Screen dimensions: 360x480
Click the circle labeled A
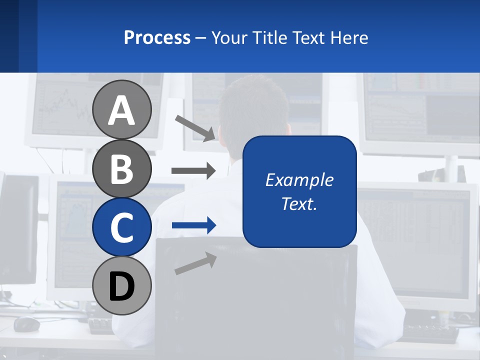click(x=122, y=109)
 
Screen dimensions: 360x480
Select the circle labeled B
click(x=122, y=168)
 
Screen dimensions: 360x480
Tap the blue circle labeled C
click(x=122, y=227)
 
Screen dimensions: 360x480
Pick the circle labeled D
click(x=122, y=285)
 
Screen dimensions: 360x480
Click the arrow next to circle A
click(x=195, y=128)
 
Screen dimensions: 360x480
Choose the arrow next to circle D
click(x=195, y=263)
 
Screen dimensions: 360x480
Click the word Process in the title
click(x=157, y=37)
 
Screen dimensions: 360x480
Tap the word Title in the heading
click(x=269, y=37)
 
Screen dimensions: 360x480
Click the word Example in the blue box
click(x=299, y=180)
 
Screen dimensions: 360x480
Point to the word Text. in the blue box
click(x=299, y=203)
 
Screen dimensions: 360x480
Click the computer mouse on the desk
click(x=26, y=324)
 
